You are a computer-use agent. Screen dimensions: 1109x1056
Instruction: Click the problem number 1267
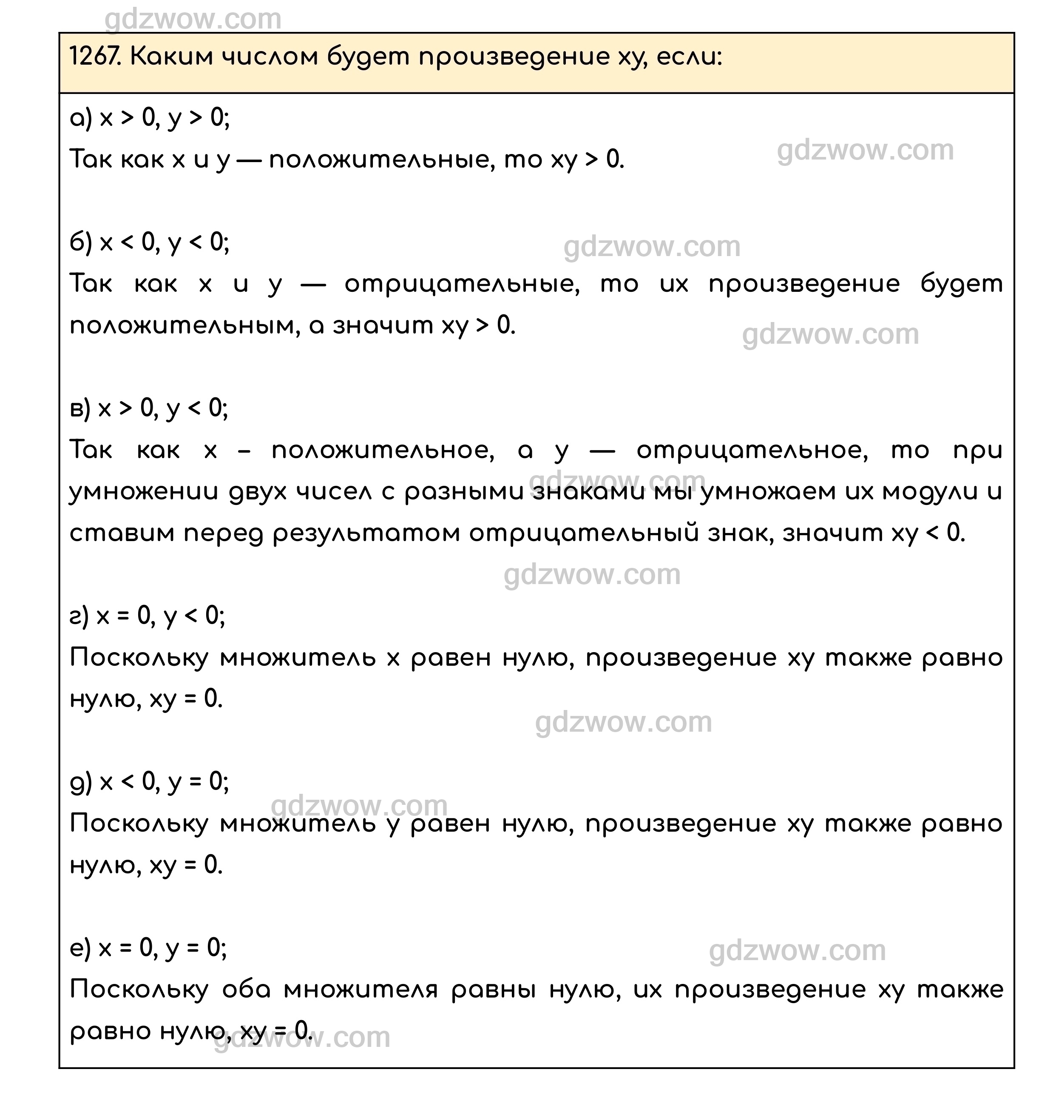point(94,57)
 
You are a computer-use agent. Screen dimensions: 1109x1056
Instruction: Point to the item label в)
point(80,408)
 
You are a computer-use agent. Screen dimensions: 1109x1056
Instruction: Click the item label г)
point(79,616)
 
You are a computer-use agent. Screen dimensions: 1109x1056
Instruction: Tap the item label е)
point(80,949)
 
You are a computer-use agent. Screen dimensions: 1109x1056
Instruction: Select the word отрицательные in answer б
point(462,285)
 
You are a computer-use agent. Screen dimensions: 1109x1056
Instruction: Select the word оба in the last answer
point(246,990)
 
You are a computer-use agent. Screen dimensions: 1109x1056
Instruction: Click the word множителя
point(360,990)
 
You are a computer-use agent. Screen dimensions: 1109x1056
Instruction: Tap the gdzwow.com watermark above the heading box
point(193,19)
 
